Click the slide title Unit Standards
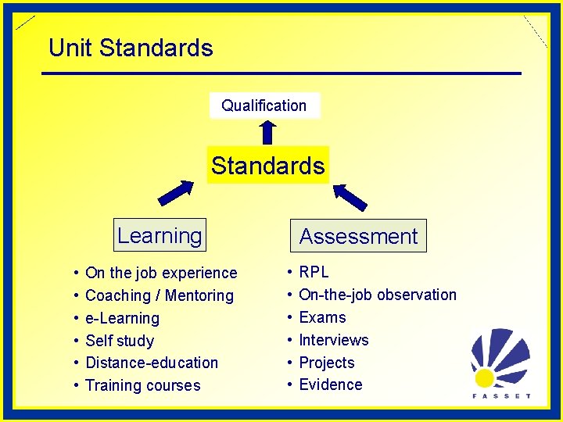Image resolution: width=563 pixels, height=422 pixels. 131,48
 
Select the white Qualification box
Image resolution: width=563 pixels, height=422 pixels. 264,105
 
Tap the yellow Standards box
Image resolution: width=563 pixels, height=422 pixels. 267,166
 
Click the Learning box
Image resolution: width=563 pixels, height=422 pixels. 160,235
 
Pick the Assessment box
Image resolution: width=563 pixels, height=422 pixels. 358,236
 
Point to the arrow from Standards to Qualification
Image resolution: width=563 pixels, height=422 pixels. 267,132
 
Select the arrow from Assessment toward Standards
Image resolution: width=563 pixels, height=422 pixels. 350,197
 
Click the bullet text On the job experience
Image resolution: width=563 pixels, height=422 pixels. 160,273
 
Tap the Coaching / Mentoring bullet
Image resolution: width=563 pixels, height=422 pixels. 159,295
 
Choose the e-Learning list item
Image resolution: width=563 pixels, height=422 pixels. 122,318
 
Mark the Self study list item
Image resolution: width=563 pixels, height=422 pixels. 120,341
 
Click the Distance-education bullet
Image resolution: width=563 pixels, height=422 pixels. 152,363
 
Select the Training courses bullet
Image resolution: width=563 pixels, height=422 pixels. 142,385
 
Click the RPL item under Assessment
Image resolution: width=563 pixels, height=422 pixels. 314,272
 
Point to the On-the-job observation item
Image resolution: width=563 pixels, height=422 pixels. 377,295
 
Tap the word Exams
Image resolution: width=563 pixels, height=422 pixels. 322,317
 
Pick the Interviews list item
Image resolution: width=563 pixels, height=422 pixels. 333,340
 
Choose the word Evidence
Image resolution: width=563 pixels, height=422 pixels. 331,384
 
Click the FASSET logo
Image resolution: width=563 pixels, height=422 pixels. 500,363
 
